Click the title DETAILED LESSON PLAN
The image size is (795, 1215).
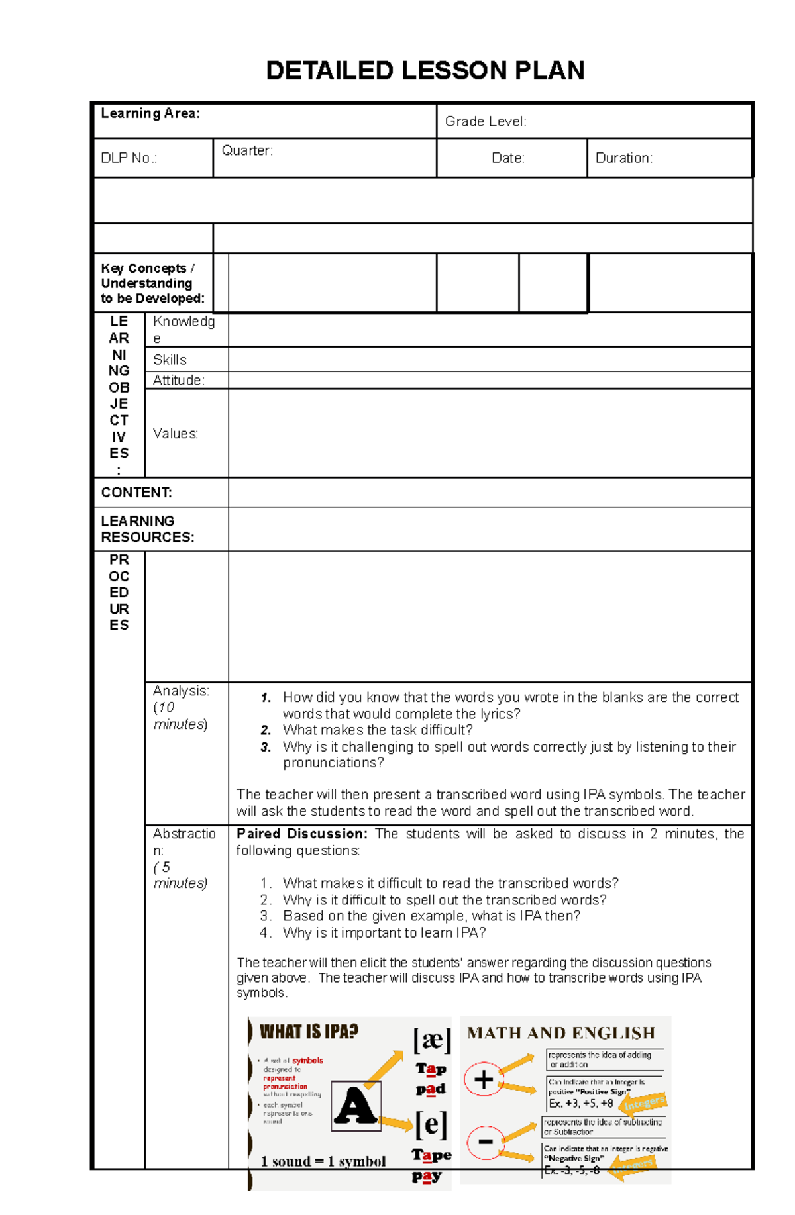(425, 70)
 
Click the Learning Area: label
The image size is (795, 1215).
(150, 113)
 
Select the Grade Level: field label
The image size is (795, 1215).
(486, 121)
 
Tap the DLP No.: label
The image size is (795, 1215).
(129, 158)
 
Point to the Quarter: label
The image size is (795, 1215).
(246, 150)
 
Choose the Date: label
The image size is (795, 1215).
(507, 158)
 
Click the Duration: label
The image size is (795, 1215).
(623, 158)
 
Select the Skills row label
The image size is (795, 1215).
(170, 360)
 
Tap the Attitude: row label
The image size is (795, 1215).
(178, 380)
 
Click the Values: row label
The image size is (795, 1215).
(176, 433)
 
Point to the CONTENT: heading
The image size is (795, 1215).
(136, 492)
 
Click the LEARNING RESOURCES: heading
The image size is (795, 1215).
(147, 529)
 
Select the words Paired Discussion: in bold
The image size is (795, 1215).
(301, 834)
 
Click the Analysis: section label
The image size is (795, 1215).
(181, 691)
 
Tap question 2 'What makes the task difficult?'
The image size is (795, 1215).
(377, 730)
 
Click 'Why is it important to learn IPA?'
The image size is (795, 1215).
(384, 932)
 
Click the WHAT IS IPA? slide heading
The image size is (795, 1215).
(309, 1032)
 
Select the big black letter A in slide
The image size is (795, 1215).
(355, 1106)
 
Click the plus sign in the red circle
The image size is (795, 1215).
(483, 1079)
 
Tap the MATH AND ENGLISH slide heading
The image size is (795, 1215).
(560, 1033)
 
